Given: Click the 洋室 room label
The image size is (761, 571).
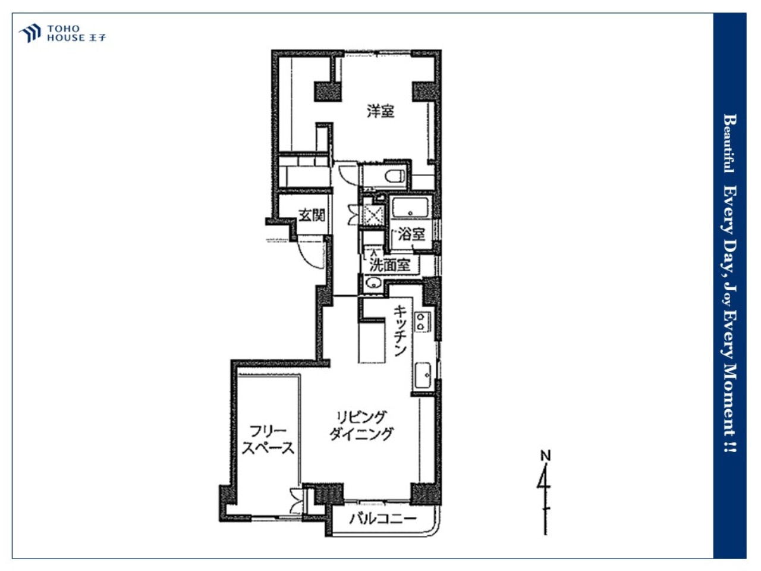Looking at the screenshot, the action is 380,111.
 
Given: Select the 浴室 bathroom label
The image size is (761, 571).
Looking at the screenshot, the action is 411,234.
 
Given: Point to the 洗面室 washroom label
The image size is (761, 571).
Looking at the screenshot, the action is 389,265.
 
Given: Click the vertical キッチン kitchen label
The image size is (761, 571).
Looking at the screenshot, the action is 400,330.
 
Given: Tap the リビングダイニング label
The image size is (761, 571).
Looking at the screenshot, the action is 361,425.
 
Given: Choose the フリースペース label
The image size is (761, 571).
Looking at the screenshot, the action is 268,440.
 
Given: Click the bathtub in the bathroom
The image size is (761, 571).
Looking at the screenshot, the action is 410,207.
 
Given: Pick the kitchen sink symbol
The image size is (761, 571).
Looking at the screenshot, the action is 423,375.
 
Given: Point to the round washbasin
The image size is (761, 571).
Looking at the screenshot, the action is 373,283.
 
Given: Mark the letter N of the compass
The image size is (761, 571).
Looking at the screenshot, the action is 546,456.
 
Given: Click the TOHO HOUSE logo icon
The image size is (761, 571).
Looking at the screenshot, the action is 30,33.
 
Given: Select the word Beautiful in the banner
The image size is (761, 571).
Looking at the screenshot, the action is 730,143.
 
